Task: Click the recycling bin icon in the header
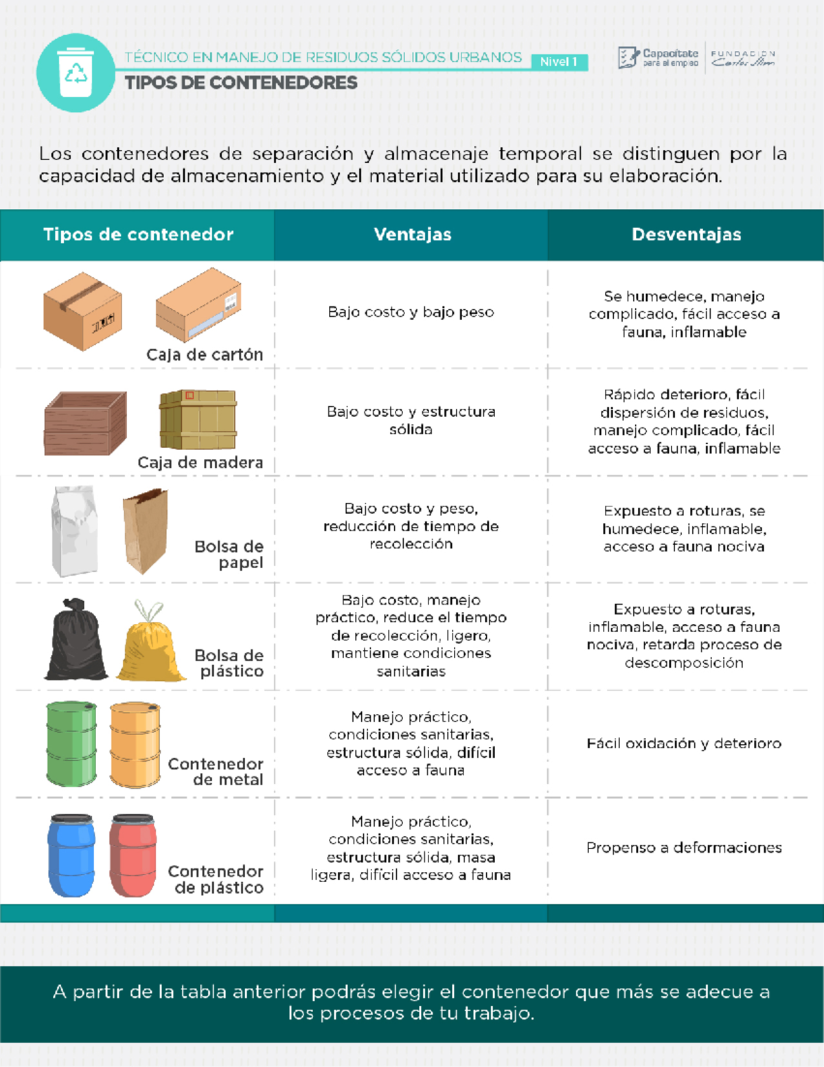click(x=76, y=72)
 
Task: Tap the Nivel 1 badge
click(x=558, y=62)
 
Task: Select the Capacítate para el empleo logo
click(x=659, y=58)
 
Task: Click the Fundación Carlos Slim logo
click(x=743, y=58)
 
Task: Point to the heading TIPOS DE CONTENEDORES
click(x=240, y=83)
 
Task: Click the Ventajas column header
click(x=412, y=234)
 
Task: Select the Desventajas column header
click(x=686, y=234)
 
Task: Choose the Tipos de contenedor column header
click(x=138, y=234)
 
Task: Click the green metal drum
click(x=71, y=743)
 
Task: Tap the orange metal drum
click(x=135, y=744)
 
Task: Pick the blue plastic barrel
click(x=71, y=855)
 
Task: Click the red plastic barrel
click(x=133, y=855)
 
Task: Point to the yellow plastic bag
click(x=149, y=643)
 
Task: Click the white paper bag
click(x=74, y=531)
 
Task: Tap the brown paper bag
click(x=145, y=530)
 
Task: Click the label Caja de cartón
click(x=205, y=355)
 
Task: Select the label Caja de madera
click(x=200, y=462)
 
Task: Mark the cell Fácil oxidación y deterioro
click(x=684, y=743)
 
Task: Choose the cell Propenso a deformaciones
click(x=684, y=848)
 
